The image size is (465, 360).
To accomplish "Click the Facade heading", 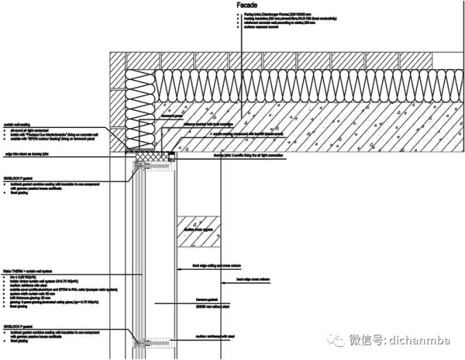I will pos(248,5).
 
